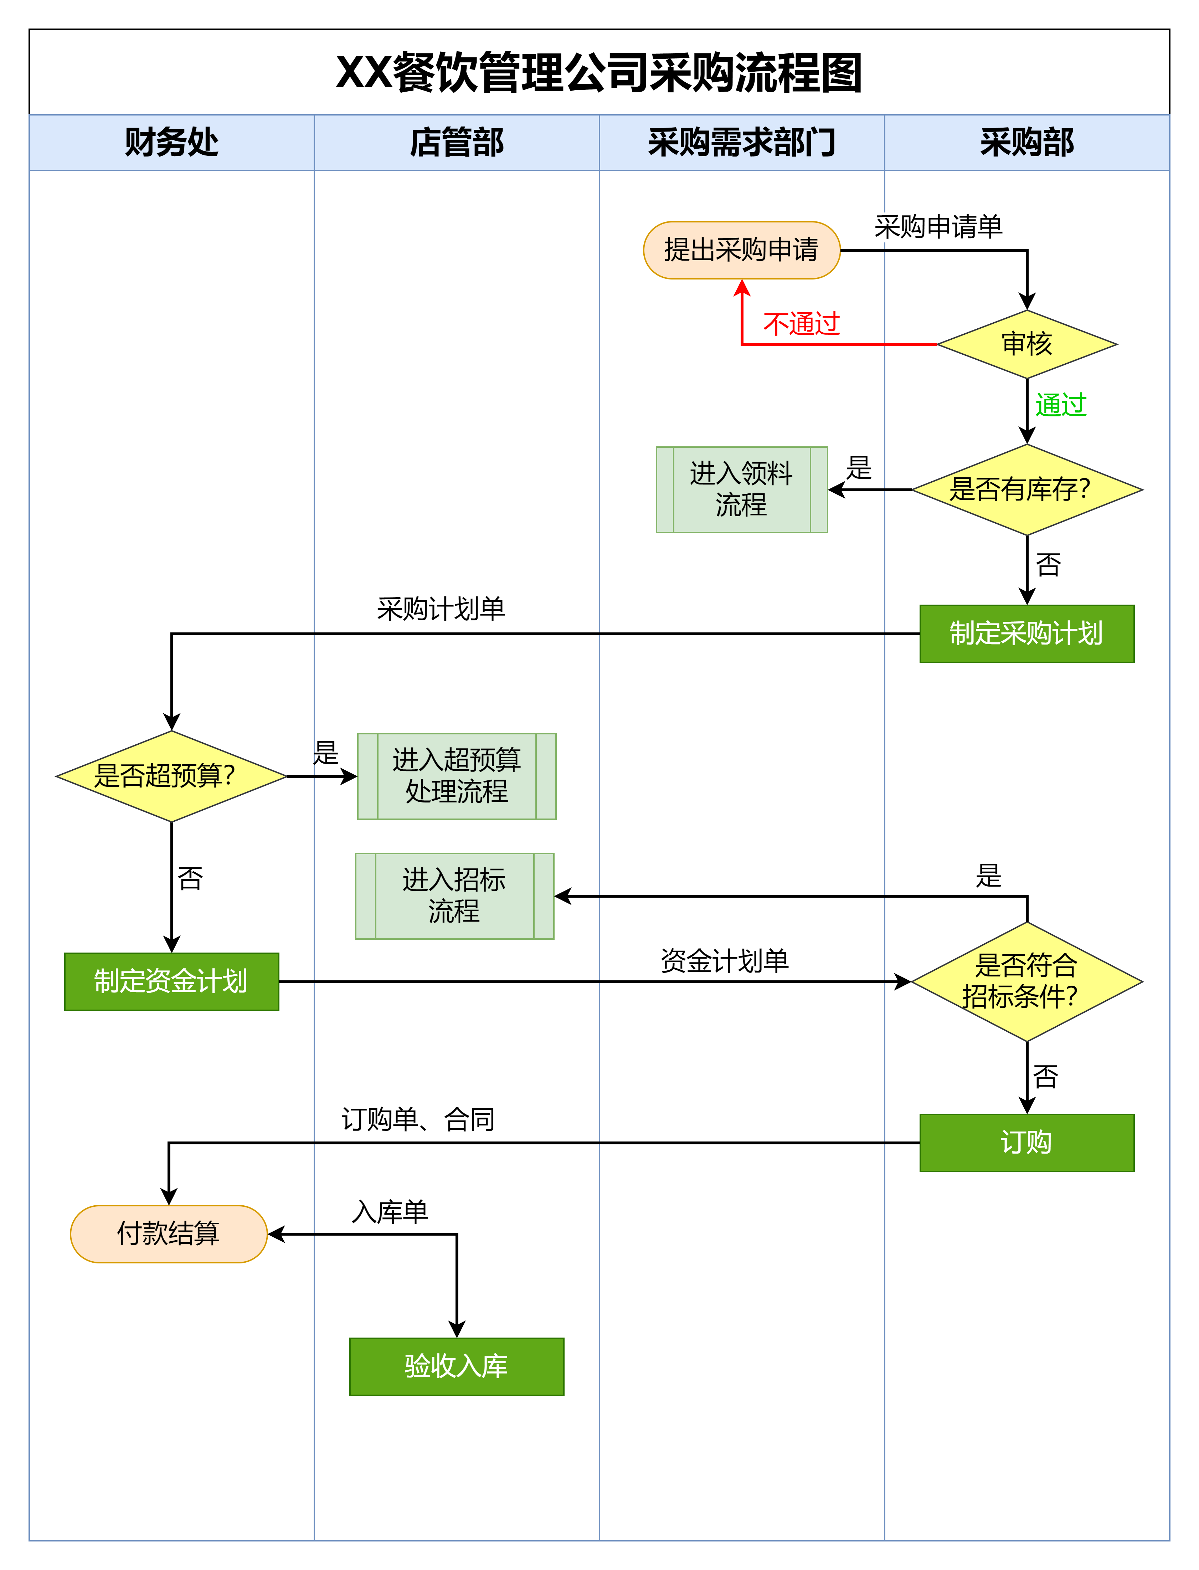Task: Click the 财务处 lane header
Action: click(x=171, y=142)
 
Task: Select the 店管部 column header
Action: click(x=457, y=142)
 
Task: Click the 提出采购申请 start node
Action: click(x=741, y=250)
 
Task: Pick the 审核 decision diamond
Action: click(x=1027, y=344)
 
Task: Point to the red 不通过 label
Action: click(x=802, y=324)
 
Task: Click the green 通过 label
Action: click(x=1061, y=405)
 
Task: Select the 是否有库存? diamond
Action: click(x=1027, y=489)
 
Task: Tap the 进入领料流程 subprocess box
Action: click(x=741, y=489)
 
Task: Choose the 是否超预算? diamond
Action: click(x=171, y=776)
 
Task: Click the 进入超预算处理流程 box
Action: click(x=457, y=776)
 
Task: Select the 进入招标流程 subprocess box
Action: click(x=455, y=896)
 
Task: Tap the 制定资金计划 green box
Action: click(x=171, y=981)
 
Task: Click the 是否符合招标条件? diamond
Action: click(x=1027, y=981)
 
